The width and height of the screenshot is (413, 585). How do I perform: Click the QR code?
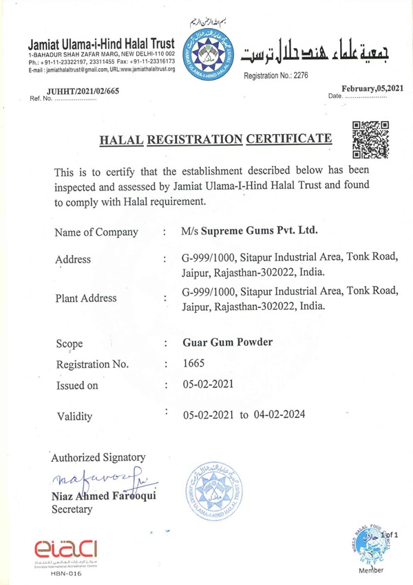pyautogui.click(x=371, y=140)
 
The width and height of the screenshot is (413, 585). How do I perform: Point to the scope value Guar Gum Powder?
pyautogui.click(x=227, y=342)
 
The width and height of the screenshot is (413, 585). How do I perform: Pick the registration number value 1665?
pyautogui.click(x=193, y=364)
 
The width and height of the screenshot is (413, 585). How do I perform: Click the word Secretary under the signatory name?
pyautogui.click(x=72, y=509)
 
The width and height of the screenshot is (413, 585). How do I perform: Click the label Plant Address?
pyautogui.click(x=85, y=298)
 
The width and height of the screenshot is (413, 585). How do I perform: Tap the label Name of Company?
pyautogui.click(x=96, y=232)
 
